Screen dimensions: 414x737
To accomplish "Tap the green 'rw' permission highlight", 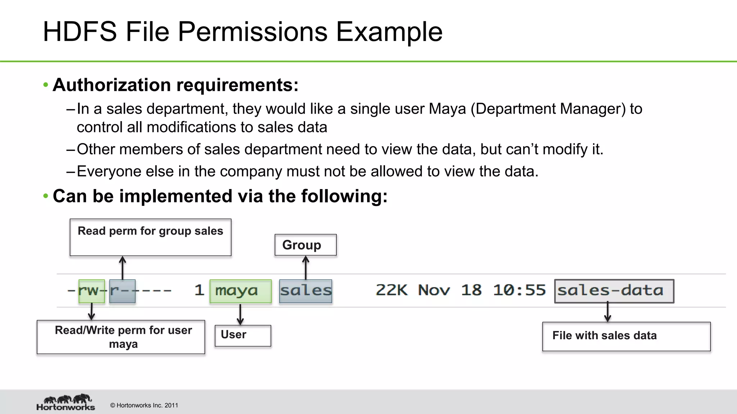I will click(92, 291).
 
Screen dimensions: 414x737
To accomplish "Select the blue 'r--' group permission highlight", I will click(122, 291).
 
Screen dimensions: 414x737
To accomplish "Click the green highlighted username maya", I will click(240, 291).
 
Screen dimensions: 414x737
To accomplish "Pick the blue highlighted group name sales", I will click(306, 291).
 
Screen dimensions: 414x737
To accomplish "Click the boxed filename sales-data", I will click(614, 291).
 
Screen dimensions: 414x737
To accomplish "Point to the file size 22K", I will click(392, 290).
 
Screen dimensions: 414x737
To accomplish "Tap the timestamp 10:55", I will click(519, 290).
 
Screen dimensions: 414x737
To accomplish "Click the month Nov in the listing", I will click(434, 290).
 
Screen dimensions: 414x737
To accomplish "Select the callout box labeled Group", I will click(306, 245).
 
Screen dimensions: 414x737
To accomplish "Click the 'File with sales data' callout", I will click(626, 336).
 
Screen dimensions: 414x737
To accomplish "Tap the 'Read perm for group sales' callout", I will click(150, 237).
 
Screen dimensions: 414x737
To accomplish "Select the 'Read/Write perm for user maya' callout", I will click(121, 337).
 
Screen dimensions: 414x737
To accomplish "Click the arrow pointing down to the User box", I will click(240, 314).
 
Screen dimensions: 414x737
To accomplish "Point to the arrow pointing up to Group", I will click(306, 267).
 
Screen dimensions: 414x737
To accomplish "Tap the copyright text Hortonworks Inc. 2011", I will click(144, 405).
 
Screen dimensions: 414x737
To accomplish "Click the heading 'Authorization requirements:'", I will click(176, 85).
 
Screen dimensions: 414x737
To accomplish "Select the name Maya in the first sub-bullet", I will click(447, 109).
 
